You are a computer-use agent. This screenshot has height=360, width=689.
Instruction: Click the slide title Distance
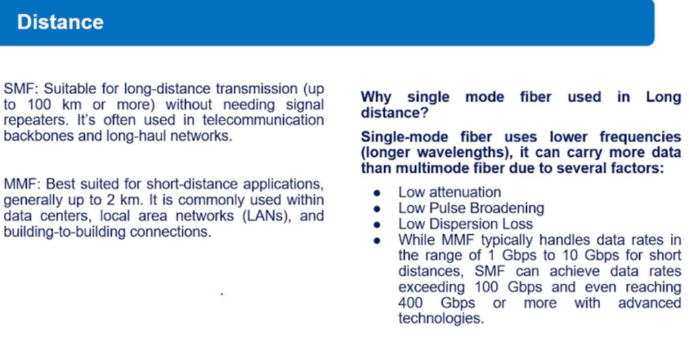click(x=60, y=22)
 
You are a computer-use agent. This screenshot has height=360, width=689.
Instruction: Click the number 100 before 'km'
click(x=40, y=104)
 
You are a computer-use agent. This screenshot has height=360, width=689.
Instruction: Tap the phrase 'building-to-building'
click(x=65, y=232)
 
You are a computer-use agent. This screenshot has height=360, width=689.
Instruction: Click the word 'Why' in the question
click(x=376, y=97)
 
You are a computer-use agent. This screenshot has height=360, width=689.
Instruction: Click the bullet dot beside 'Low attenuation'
click(x=377, y=193)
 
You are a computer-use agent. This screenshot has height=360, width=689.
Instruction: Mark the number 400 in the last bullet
click(x=410, y=303)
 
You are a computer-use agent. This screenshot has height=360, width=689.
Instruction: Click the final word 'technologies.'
click(x=441, y=319)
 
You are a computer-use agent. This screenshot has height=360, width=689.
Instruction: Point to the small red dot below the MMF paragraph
click(x=222, y=294)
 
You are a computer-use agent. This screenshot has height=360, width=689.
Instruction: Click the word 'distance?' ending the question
click(x=394, y=113)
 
